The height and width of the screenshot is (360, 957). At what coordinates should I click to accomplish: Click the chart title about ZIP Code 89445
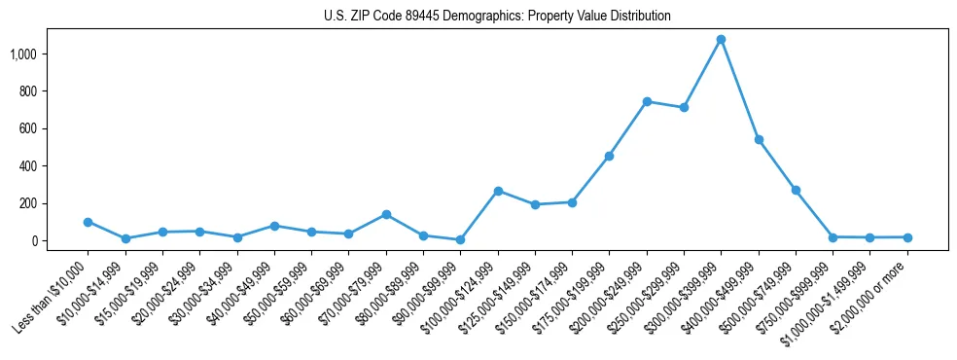click(x=497, y=17)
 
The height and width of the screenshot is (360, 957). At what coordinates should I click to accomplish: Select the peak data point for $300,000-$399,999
click(x=721, y=40)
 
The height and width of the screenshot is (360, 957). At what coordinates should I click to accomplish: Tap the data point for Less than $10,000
click(x=89, y=222)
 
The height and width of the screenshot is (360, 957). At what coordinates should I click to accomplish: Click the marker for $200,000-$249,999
click(x=647, y=101)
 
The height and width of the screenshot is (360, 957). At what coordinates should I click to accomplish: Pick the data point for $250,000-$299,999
click(x=684, y=107)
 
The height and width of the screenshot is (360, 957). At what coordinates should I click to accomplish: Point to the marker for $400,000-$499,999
click(x=759, y=140)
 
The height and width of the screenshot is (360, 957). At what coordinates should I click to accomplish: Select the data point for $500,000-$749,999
click(x=796, y=191)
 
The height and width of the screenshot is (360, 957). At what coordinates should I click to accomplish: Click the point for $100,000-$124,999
click(x=498, y=191)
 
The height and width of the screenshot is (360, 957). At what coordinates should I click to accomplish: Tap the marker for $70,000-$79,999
click(x=386, y=214)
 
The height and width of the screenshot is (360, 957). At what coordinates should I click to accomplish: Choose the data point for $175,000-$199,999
click(x=609, y=156)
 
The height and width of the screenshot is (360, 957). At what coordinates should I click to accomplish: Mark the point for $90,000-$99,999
click(x=460, y=239)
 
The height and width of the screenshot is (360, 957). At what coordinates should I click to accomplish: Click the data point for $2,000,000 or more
click(x=907, y=237)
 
